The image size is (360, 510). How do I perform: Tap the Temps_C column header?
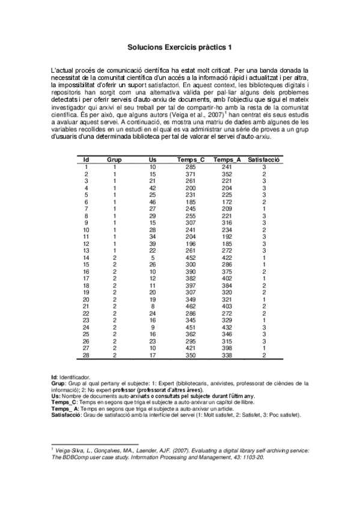(x=191, y=159)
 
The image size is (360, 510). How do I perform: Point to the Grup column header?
(x=114, y=159)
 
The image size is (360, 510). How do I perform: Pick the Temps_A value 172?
(x=227, y=202)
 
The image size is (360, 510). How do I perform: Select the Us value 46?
(x=153, y=202)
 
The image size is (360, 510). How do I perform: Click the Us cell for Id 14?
(x=153, y=257)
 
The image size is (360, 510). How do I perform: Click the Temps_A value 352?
(x=227, y=174)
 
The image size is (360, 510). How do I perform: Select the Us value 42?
(x=153, y=188)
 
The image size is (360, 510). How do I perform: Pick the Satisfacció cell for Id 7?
(x=264, y=209)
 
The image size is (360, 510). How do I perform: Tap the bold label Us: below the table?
(x=55, y=396)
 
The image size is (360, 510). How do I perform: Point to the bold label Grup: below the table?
(x=58, y=382)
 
